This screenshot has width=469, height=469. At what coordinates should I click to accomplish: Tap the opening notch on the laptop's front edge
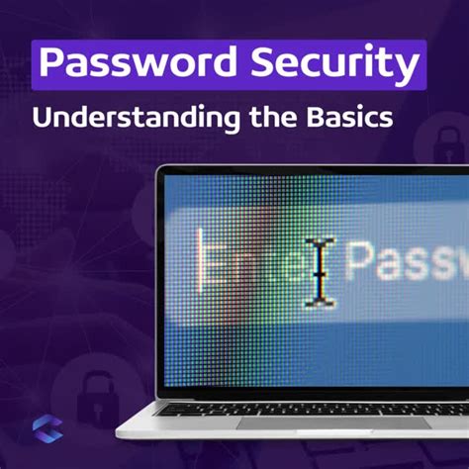click(297, 434)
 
